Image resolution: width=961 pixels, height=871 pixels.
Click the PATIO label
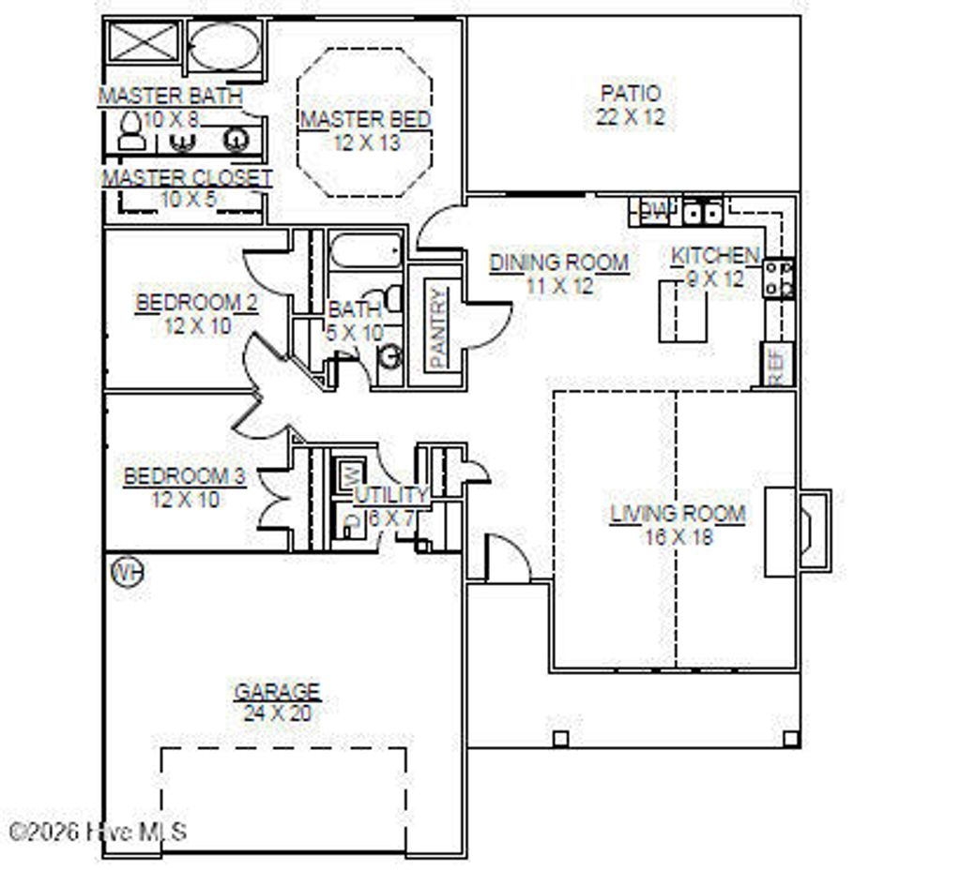pos(630,94)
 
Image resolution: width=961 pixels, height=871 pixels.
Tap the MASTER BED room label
pos(365,120)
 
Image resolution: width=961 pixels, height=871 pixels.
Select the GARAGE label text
pos(277,692)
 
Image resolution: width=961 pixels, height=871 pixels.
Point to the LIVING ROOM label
pos(678,514)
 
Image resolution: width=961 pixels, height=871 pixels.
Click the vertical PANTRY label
pos(437,327)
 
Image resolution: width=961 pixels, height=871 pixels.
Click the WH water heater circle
pos(128,571)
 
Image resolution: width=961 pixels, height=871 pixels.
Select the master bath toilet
pos(131,131)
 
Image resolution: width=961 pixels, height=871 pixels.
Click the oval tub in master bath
pos(224,45)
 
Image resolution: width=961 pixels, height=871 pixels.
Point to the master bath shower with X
pos(143,45)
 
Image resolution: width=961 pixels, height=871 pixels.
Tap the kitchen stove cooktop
pos(778,278)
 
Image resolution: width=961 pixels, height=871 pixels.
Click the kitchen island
pos(682,312)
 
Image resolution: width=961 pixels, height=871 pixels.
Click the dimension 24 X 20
pos(277,713)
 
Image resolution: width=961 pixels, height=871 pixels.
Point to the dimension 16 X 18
pos(678,536)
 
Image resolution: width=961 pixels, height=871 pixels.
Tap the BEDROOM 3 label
pos(185,476)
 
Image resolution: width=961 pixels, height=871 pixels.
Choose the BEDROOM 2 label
pos(197,304)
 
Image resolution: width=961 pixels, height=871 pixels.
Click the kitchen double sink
pos(701,213)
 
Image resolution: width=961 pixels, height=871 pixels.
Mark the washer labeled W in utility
pos(346,471)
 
